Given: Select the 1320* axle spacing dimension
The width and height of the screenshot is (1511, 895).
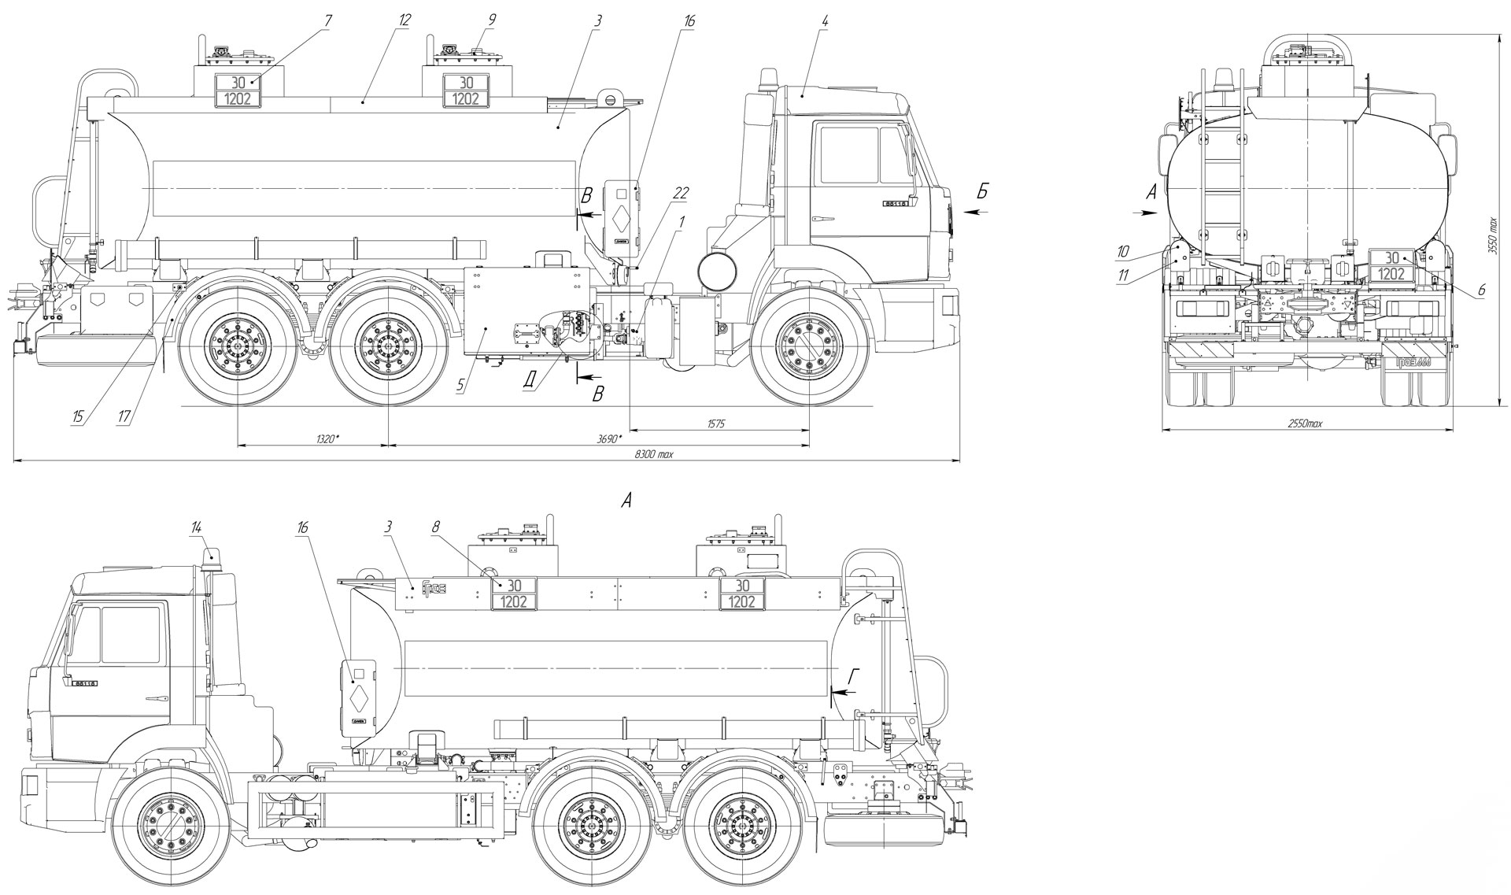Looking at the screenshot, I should point(323,438).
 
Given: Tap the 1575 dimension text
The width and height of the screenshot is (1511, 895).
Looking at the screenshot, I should point(715,423).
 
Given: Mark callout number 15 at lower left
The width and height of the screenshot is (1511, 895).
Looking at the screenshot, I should point(78,416).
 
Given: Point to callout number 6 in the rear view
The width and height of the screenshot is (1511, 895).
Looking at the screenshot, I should point(1480,290).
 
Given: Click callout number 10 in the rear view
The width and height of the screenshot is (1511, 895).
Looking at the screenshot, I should point(1122,252).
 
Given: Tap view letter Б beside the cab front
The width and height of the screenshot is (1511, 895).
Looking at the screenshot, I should point(981,191).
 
